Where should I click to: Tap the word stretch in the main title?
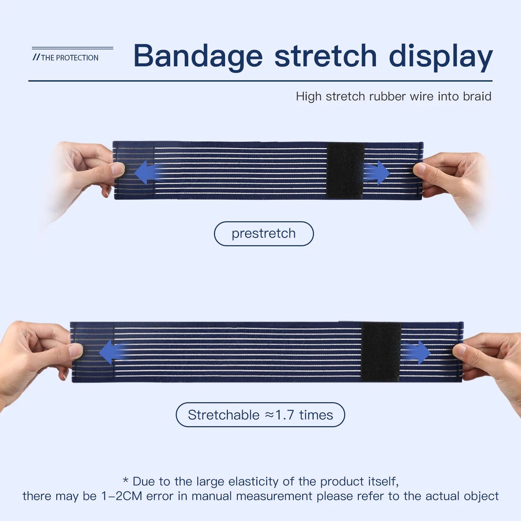[x=325, y=56]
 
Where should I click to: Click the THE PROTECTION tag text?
[x=69, y=58]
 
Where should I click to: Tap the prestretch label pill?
[x=264, y=234]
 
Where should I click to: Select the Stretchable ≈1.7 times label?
[x=260, y=415]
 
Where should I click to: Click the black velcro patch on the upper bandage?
[x=345, y=171]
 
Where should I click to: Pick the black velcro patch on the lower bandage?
[x=381, y=352]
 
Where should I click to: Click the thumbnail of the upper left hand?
[x=118, y=168]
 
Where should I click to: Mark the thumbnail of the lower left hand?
[x=76, y=350]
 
